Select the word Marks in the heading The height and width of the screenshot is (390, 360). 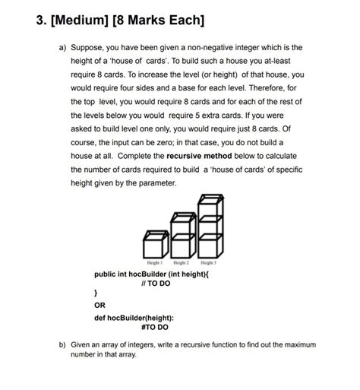(x=162, y=19)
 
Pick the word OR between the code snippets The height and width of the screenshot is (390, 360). (x=98, y=306)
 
